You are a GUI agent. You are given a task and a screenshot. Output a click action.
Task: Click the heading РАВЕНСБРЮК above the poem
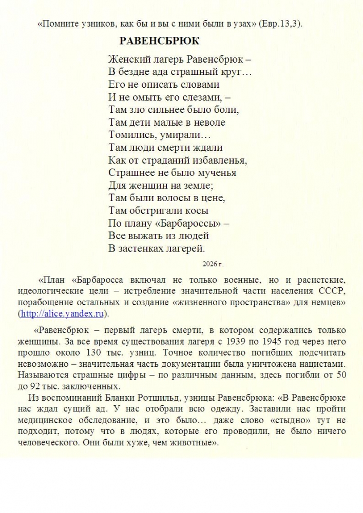click(x=159, y=41)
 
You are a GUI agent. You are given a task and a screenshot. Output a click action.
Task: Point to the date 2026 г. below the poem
click(x=213, y=264)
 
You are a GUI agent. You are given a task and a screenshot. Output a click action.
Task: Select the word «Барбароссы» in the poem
click(x=189, y=223)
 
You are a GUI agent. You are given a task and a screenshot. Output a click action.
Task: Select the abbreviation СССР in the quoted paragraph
click(x=332, y=291)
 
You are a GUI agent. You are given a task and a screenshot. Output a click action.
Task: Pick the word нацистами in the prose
click(x=322, y=364)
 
